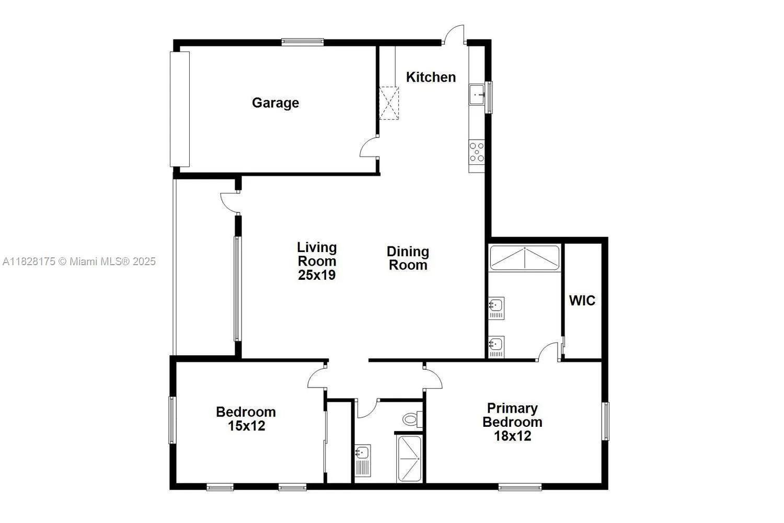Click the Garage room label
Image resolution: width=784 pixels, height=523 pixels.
(x=275, y=103)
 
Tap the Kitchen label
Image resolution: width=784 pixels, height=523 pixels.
(x=431, y=77)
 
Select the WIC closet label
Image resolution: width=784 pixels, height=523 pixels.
(x=582, y=301)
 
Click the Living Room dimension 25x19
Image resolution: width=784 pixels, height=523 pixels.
(x=317, y=275)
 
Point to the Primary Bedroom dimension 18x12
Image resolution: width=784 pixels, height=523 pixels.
(x=512, y=436)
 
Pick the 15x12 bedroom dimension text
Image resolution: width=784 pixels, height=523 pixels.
(x=246, y=426)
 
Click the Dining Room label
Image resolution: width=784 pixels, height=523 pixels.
(x=408, y=258)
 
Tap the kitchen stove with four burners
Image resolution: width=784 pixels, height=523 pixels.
(x=477, y=152)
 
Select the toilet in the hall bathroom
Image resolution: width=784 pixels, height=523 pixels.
(x=412, y=419)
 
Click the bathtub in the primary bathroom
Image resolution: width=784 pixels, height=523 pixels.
(x=524, y=258)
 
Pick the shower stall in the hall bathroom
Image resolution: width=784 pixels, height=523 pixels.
(x=409, y=459)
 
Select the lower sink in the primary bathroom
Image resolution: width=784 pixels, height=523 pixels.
(x=496, y=345)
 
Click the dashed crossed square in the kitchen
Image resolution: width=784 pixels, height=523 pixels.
(x=388, y=103)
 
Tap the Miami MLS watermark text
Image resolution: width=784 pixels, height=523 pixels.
(x=79, y=261)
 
